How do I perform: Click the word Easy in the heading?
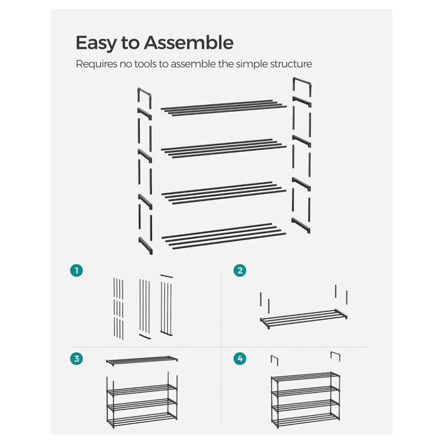tap(96, 43)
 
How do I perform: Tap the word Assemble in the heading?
tap(189, 43)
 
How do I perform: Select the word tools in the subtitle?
tap(145, 64)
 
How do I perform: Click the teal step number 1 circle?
tap(77, 270)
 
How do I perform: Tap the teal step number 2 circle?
tap(240, 270)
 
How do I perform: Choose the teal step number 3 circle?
tap(77, 359)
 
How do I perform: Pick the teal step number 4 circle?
tap(240, 359)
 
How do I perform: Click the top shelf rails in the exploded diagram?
tap(224, 108)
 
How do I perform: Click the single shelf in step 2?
tap(304, 318)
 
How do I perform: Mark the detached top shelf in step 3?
tap(142, 360)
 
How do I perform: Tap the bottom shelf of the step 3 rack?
tap(142, 420)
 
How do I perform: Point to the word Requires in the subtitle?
tap(96, 64)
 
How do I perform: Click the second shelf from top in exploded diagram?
tap(224, 148)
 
